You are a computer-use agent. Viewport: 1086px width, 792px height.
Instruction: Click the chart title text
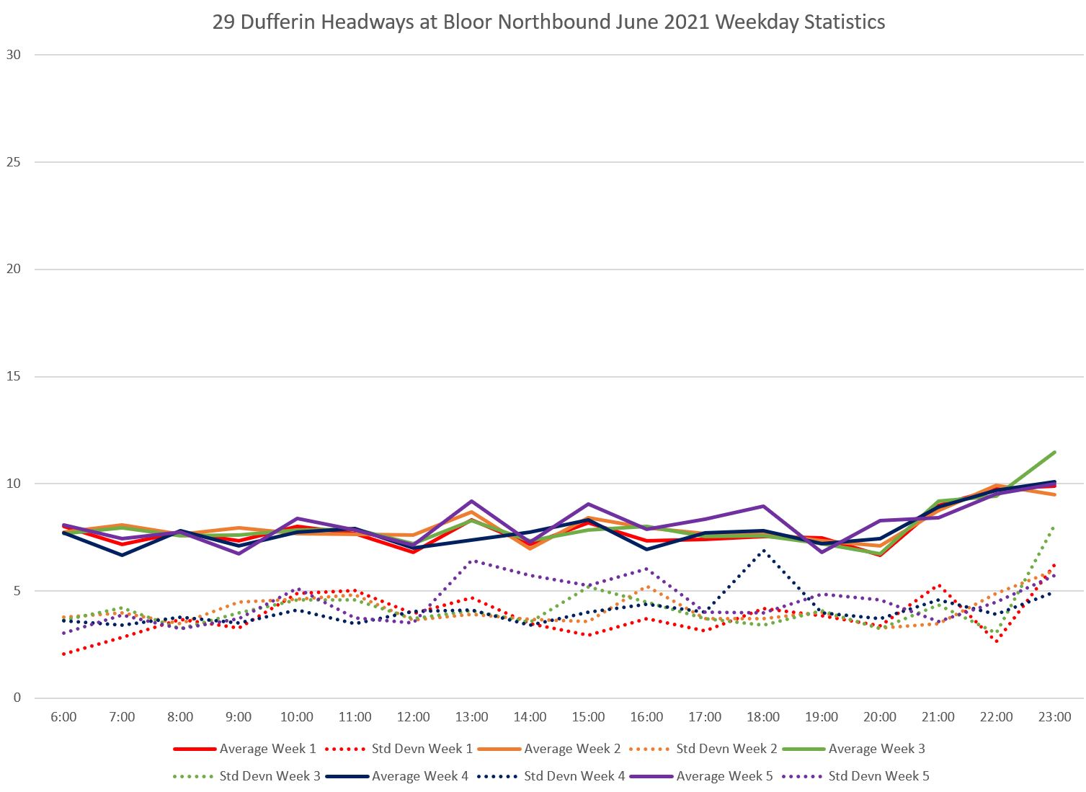tap(548, 22)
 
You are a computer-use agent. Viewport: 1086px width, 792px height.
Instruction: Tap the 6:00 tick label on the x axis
tap(63, 717)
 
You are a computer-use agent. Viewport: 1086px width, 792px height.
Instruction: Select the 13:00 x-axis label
tap(471, 717)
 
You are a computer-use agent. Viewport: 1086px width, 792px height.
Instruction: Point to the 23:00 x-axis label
tap(1054, 717)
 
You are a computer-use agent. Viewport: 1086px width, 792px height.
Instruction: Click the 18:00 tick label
tap(763, 717)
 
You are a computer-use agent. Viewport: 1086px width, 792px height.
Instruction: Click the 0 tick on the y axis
tap(16, 698)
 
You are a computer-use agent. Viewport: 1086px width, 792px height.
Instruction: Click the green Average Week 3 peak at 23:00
tap(1054, 453)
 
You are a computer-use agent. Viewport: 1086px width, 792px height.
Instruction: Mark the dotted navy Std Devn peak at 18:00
tap(763, 551)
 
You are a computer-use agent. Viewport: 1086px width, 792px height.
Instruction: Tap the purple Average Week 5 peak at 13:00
tap(471, 501)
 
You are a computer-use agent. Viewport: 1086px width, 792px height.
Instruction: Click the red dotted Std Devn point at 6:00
tap(64, 654)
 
